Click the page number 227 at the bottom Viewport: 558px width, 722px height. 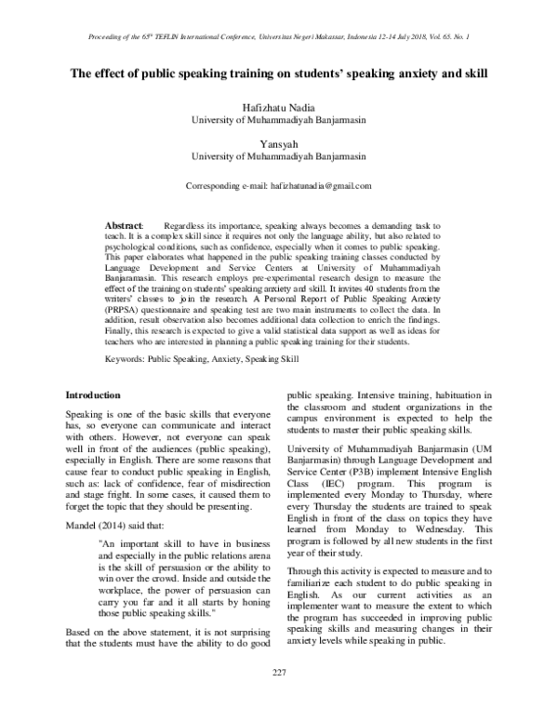coord(279,699)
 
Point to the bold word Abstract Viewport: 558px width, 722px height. coord(123,227)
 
